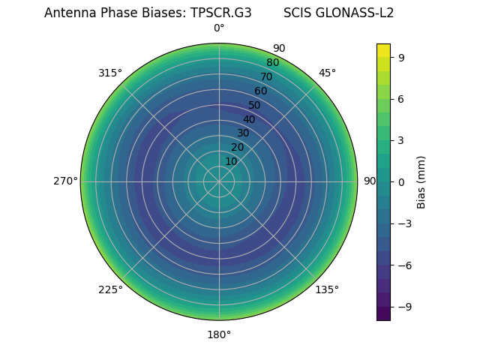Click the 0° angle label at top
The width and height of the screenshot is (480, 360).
pyautogui.click(x=219, y=28)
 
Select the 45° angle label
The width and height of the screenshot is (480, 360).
pyautogui.click(x=327, y=73)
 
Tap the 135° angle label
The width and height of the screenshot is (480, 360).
pyautogui.click(x=327, y=289)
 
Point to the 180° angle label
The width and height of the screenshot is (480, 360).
pyautogui.click(x=219, y=334)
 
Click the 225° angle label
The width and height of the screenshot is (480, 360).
pyautogui.click(x=110, y=289)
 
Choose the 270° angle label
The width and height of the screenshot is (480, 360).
pyautogui.click(x=65, y=181)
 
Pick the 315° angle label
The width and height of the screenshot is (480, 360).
pyautogui.click(x=110, y=73)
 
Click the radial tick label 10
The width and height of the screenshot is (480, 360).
pyautogui.click(x=231, y=161)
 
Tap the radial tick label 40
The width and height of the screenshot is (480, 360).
pyautogui.click(x=249, y=119)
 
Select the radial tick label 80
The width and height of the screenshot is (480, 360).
pyautogui.click(x=272, y=63)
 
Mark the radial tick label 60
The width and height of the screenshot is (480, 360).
pyautogui.click(x=260, y=91)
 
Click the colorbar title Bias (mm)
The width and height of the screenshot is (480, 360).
pyautogui.click(x=421, y=181)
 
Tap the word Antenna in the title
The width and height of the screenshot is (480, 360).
pyautogui.click(x=68, y=13)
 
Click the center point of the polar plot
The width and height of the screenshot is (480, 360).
pyautogui.click(x=219, y=181)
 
